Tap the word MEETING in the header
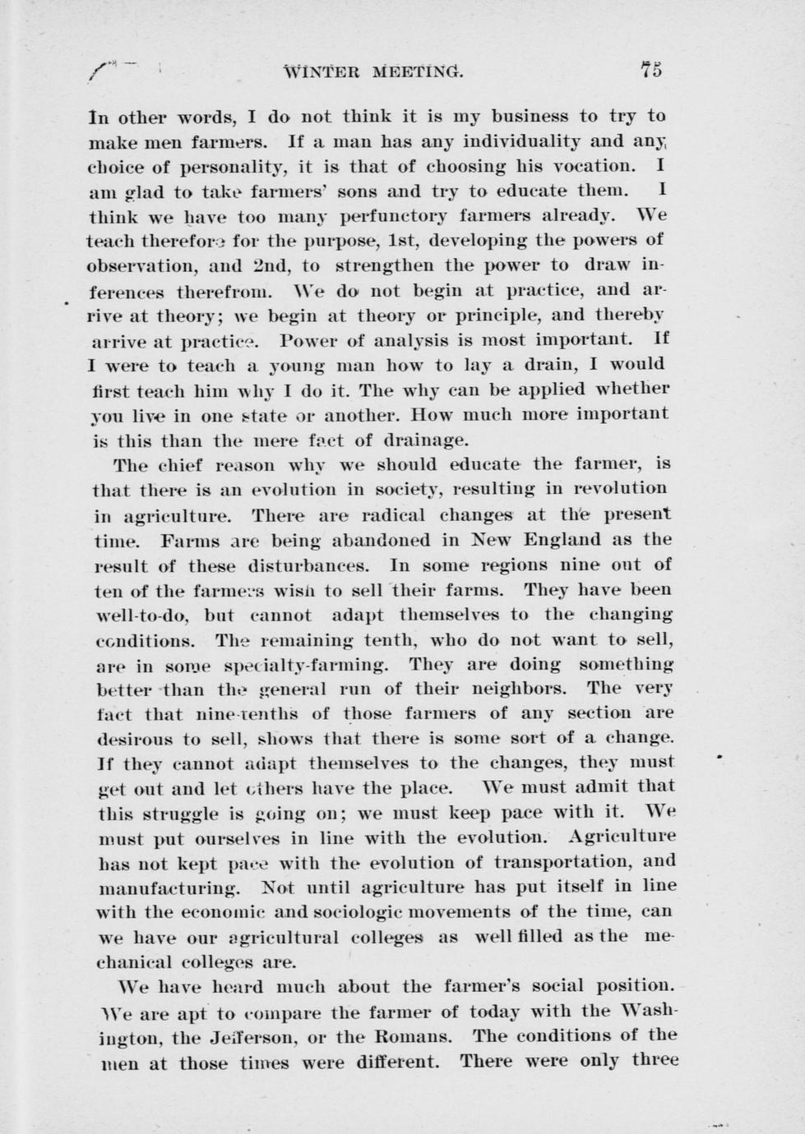click(418, 72)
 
